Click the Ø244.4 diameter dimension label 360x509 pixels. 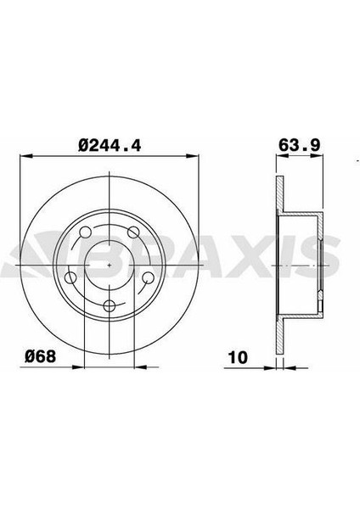pos(110,145)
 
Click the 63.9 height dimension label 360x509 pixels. pos(299,145)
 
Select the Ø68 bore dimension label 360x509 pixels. pos(41,356)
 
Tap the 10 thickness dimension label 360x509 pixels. pos(238,357)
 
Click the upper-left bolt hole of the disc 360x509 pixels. pos(85,232)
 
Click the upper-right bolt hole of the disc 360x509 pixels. pos(133,232)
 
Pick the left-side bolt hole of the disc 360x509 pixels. pos(70,277)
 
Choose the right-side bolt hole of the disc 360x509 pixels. pos(148,277)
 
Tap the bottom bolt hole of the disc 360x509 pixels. pos(110,305)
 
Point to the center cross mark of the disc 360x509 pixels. pos(110,266)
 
